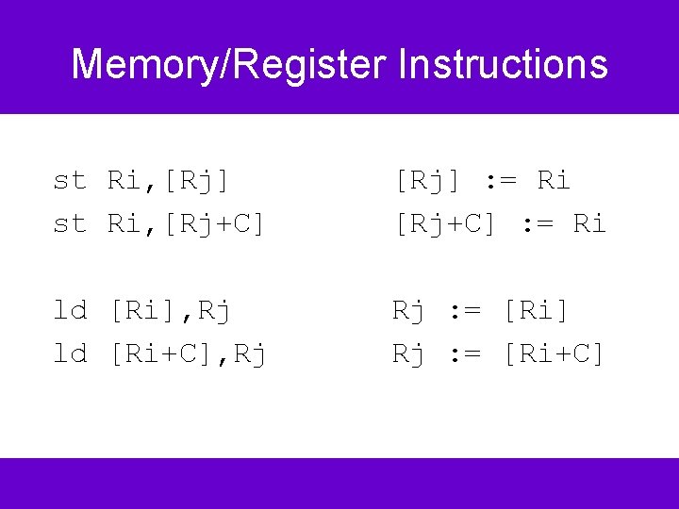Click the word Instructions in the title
(503, 65)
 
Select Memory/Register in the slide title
(229, 65)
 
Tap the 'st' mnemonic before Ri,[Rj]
(70, 180)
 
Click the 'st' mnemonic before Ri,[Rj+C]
(70, 223)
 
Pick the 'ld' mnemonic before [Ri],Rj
(70, 310)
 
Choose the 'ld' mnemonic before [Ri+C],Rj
(70, 353)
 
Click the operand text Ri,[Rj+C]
(186, 223)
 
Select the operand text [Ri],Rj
(169, 310)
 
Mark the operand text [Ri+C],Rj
(187, 353)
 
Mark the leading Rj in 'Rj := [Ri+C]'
(409, 353)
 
